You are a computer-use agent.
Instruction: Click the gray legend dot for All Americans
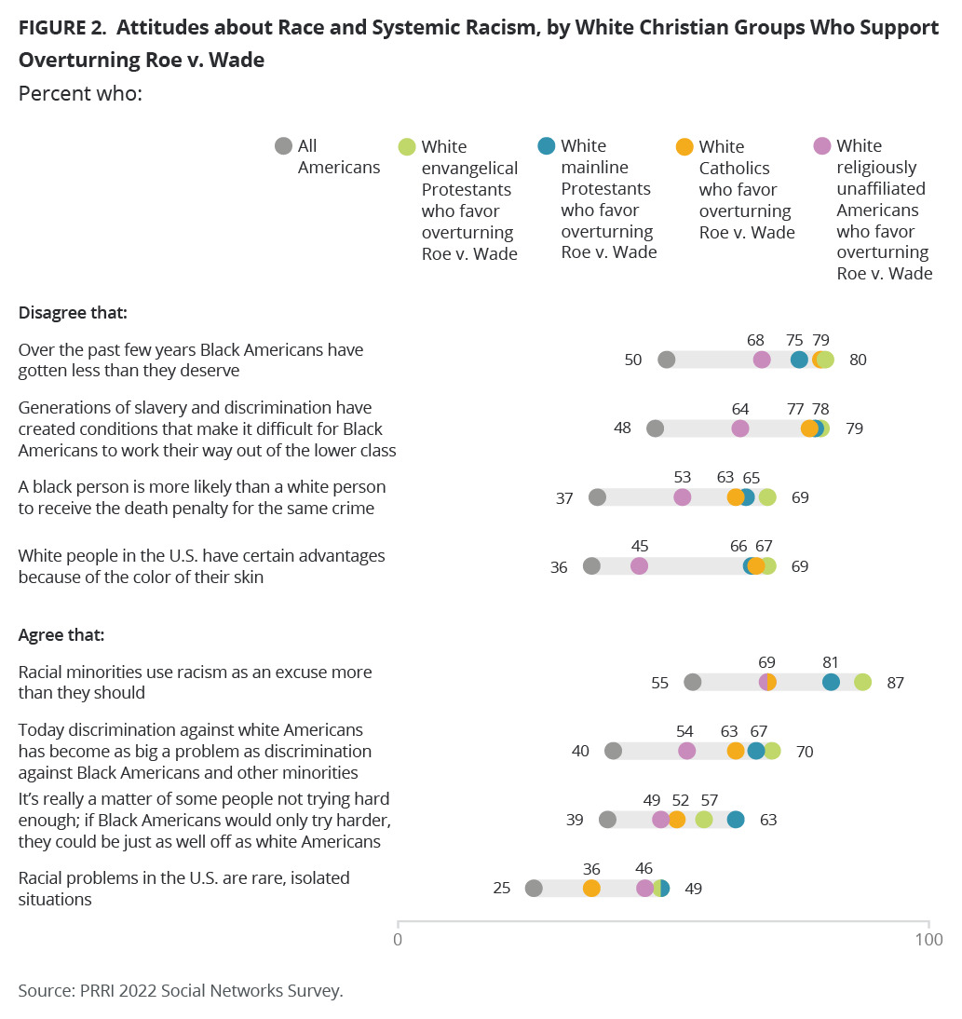pos(283,146)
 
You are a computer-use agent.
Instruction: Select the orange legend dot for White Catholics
pos(684,146)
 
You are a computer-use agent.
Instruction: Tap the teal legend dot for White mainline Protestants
pos(547,145)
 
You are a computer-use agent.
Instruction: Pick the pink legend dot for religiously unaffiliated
pos(822,145)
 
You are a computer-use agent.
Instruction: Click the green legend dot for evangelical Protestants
pos(407,146)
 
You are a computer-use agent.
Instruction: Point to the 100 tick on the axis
pos(928,939)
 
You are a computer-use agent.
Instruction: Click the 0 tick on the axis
pos(398,939)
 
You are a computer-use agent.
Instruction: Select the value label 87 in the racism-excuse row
pos(895,683)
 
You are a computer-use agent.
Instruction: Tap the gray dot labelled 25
pos(534,889)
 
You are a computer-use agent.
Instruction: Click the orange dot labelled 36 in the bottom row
pos(591,889)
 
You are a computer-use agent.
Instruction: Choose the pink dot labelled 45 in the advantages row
pos(639,565)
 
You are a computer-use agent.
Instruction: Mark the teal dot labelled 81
pos(831,683)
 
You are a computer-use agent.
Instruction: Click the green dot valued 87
pos(862,683)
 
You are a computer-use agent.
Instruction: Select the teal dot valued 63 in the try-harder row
pos(736,820)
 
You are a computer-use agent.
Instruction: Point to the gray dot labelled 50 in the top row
pos(666,360)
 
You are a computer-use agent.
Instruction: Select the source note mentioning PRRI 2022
pos(181,990)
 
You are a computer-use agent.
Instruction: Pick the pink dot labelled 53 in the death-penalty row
pos(683,497)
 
